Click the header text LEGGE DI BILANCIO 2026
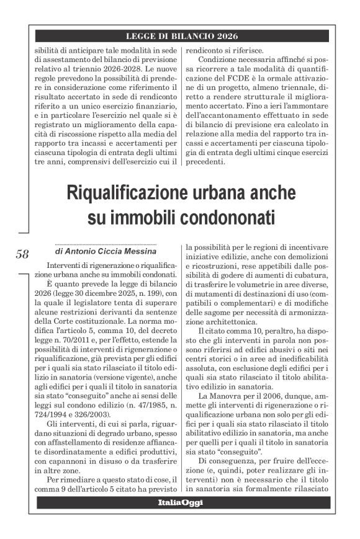pos(181,36)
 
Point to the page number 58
pos(22,254)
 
